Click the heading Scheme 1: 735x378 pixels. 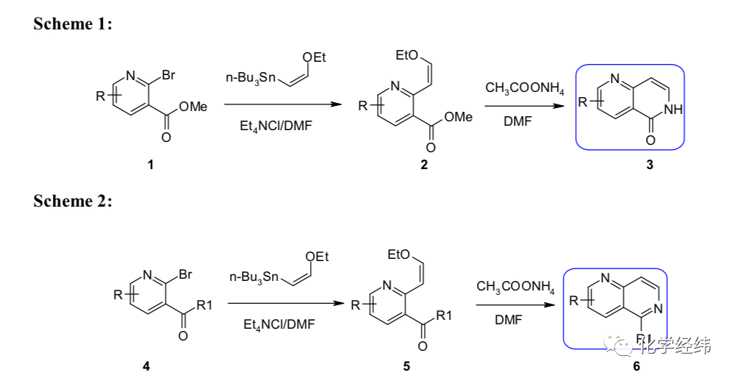click(x=73, y=24)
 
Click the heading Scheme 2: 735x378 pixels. click(x=73, y=201)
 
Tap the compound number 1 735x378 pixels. click(x=151, y=165)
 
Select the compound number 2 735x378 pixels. click(x=424, y=165)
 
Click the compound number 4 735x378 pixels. click(x=146, y=365)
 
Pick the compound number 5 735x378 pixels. click(x=406, y=365)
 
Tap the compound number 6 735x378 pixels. click(x=637, y=365)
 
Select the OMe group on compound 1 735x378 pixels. click(x=193, y=107)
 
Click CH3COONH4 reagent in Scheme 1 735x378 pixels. click(x=525, y=88)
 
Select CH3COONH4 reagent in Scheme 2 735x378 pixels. click(x=515, y=286)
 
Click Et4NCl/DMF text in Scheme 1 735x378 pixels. click(x=275, y=126)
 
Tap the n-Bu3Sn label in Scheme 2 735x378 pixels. click(x=254, y=277)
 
